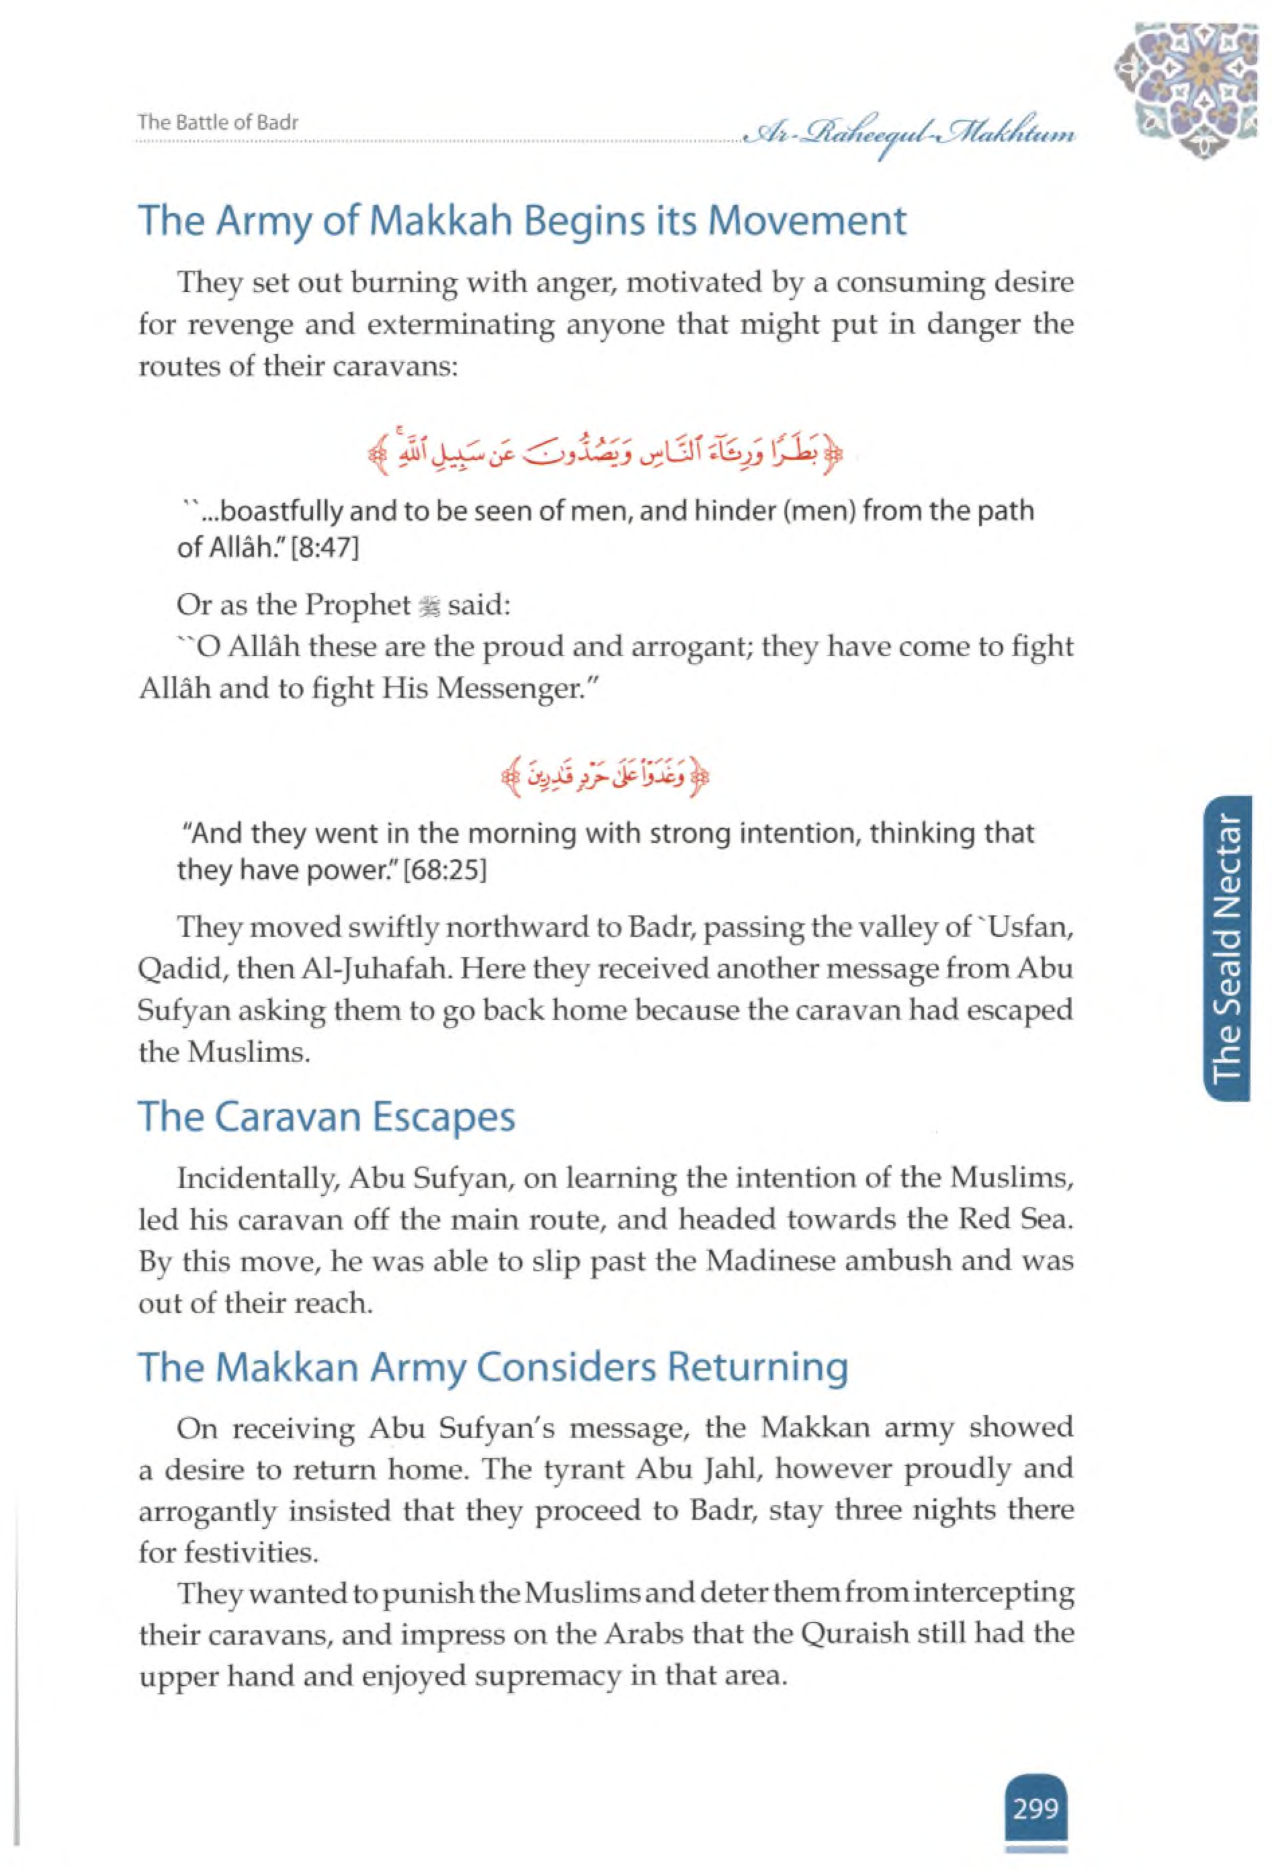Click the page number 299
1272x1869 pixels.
click(x=1035, y=1787)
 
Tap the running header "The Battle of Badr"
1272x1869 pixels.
click(x=218, y=123)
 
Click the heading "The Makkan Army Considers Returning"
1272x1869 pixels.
click(x=493, y=1367)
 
